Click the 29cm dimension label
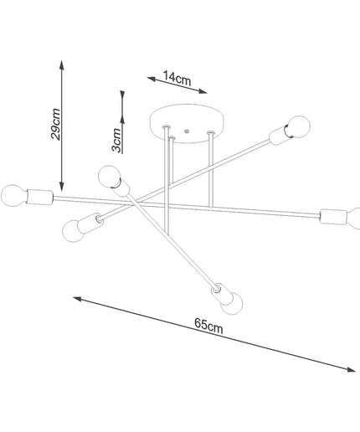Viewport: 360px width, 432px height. coord(55,124)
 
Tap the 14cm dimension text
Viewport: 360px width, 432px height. coord(177,79)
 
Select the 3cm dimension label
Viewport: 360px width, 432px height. coord(116,140)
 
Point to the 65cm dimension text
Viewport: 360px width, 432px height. coord(208,326)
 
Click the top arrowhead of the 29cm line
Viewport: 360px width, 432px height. coord(62,64)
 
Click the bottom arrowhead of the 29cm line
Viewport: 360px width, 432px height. coord(62,187)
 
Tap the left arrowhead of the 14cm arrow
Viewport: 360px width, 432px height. coord(152,79)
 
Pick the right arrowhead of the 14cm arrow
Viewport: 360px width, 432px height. coord(203,91)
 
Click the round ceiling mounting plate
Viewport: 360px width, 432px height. coord(188,124)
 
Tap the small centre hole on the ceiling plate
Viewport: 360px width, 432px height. coord(187,131)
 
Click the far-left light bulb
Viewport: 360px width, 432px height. coord(14,195)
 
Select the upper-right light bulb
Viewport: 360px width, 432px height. coord(299,127)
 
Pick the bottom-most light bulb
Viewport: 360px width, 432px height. coord(232,303)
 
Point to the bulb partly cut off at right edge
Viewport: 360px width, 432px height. coord(353,219)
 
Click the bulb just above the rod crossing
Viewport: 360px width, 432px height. coord(110,177)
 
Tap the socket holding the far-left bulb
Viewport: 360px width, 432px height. coord(39,197)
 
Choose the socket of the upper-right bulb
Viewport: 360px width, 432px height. coord(280,136)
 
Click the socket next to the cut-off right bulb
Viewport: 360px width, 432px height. coord(334,217)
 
